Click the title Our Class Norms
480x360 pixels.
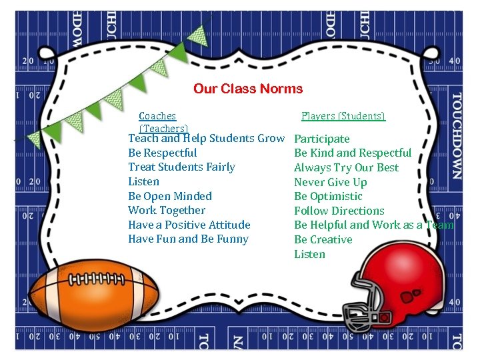[248, 89]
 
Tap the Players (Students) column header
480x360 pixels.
[343, 116]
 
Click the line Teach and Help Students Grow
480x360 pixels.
[206, 139]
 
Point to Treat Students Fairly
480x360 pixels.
[181, 167]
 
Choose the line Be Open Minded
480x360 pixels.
[170, 196]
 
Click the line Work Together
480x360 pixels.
[167, 210]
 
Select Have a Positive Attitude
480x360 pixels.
[189, 225]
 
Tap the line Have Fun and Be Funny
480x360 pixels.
[188, 239]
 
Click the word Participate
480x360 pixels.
[322, 139]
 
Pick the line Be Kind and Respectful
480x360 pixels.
[353, 153]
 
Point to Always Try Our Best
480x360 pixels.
[346, 167]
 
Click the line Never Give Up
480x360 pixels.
[331, 182]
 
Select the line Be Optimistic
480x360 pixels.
[328, 196]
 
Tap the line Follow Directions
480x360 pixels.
[339, 211]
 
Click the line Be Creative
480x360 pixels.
[323, 239]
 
